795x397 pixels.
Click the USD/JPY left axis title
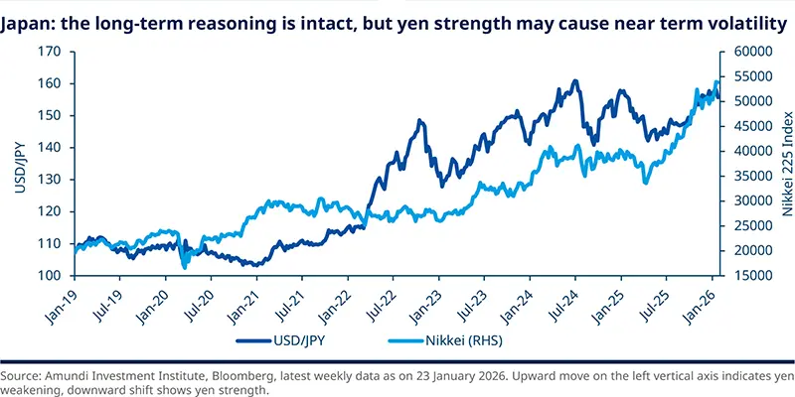click(x=17, y=164)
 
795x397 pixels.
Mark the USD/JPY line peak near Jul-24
click(x=574, y=81)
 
